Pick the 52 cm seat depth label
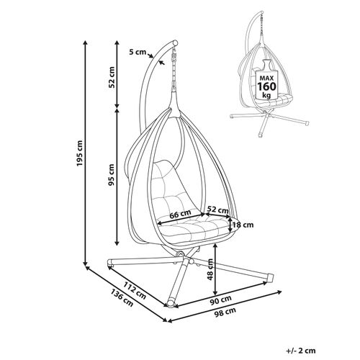[217, 210]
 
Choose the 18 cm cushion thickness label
[243, 225]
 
